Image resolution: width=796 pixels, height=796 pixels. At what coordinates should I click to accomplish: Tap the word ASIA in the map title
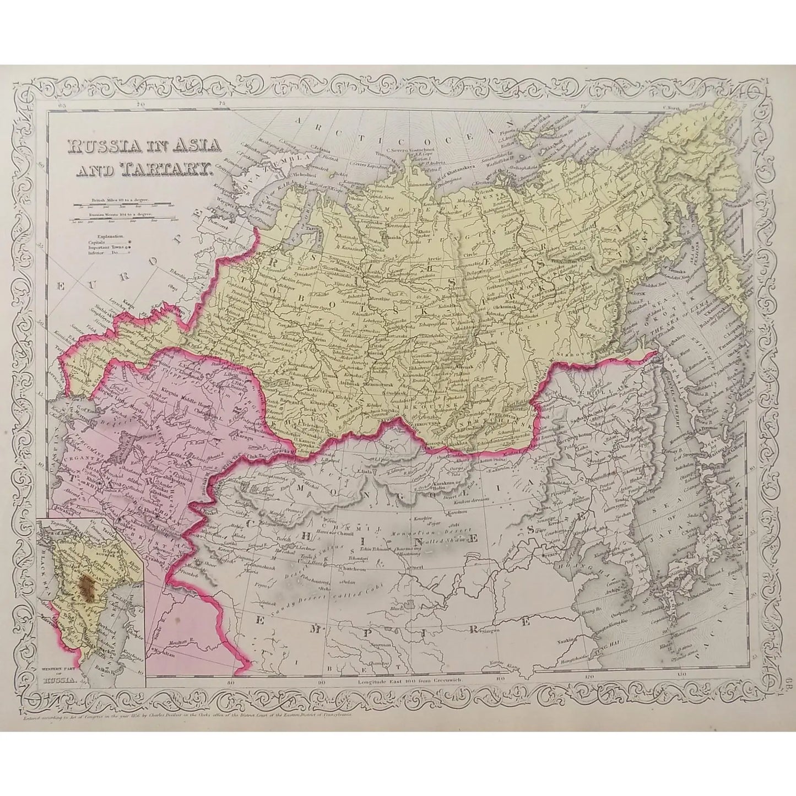(x=191, y=146)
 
